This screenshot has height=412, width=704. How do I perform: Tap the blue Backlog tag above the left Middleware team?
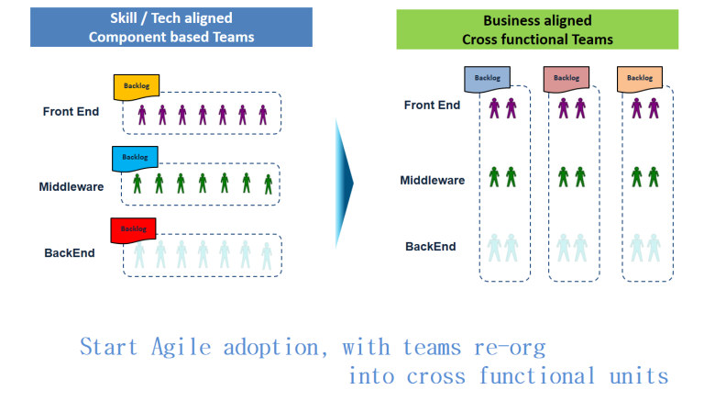click(x=135, y=158)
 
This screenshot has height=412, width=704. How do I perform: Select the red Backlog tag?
click(x=133, y=229)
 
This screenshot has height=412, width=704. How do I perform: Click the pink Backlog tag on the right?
click(x=566, y=79)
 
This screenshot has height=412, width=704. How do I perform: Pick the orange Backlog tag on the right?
click(x=639, y=79)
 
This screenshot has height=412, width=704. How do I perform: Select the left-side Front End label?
click(x=71, y=112)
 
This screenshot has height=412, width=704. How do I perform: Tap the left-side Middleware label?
click(x=71, y=187)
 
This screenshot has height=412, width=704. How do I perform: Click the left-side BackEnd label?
click(x=70, y=253)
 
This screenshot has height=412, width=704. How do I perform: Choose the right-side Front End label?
click(x=432, y=106)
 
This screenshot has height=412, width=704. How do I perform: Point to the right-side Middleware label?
click(x=432, y=180)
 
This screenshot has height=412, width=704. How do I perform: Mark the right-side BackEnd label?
click(x=431, y=247)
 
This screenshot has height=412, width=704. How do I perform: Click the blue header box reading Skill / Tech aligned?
click(x=171, y=26)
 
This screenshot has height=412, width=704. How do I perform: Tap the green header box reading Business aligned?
click(x=537, y=29)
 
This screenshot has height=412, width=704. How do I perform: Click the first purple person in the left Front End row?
click(x=142, y=115)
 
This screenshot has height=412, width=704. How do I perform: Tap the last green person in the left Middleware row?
click(x=268, y=184)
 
